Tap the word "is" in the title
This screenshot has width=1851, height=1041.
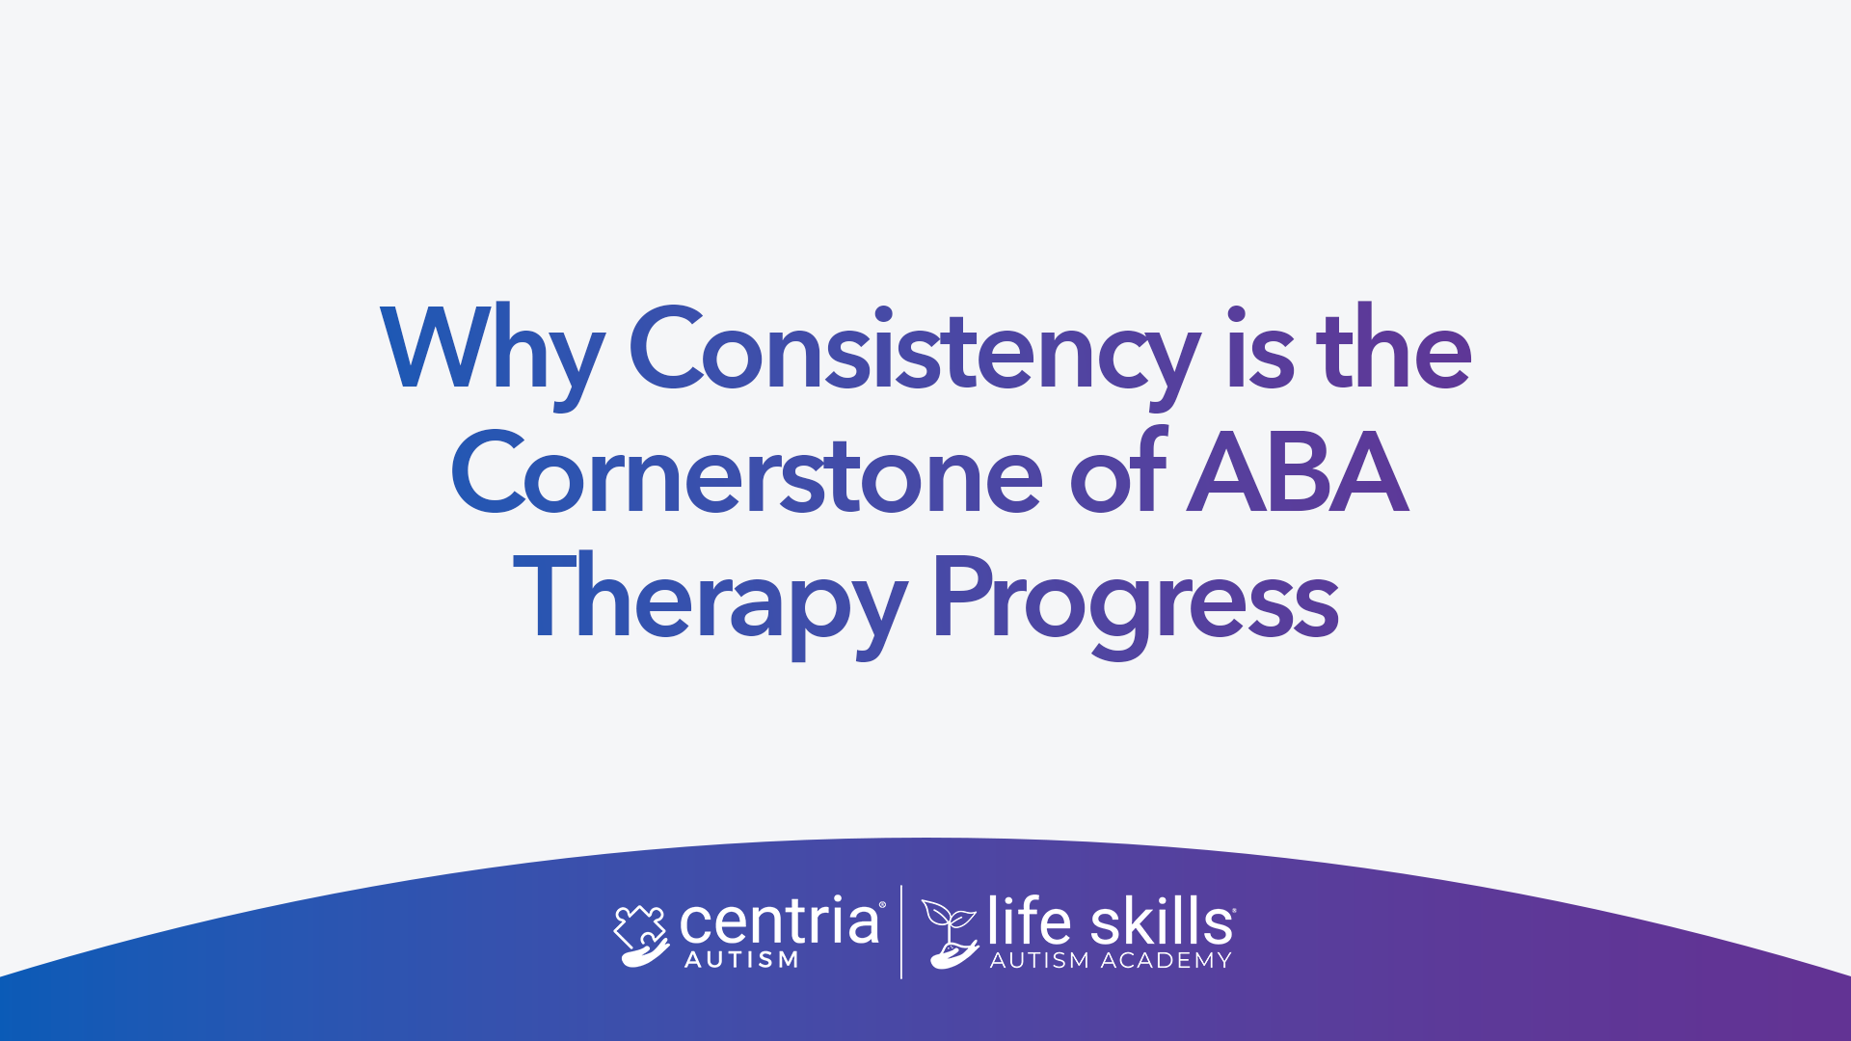coord(1260,347)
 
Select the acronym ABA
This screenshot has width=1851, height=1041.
coord(1298,471)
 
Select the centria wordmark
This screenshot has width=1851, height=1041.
coord(781,921)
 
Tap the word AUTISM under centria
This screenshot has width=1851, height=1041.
coord(741,960)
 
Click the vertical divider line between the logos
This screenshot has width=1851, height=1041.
coord(901,932)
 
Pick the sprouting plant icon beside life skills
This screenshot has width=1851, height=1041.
coord(951,933)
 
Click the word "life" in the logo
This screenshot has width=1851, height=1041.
coord(1029,921)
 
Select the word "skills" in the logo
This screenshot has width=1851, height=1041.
coord(1162,921)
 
